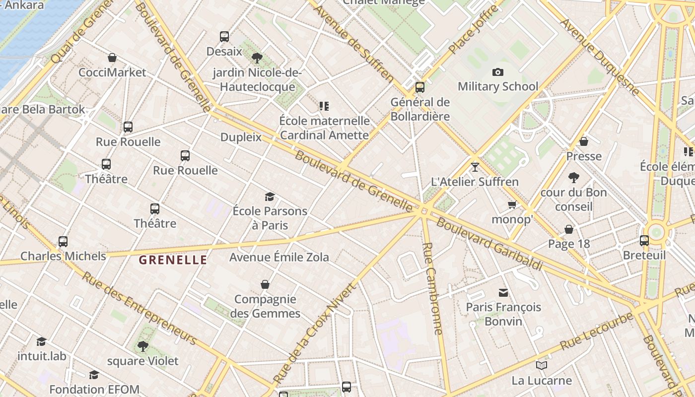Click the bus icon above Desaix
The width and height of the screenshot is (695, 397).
(x=224, y=37)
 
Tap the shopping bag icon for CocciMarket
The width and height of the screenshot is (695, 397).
(x=112, y=58)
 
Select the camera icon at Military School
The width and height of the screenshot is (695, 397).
(x=497, y=72)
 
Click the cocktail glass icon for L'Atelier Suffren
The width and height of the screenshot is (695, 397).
(x=475, y=167)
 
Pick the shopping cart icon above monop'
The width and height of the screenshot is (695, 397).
(x=512, y=204)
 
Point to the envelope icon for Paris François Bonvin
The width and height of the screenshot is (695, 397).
(x=503, y=292)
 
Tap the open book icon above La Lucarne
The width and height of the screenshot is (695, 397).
(x=541, y=366)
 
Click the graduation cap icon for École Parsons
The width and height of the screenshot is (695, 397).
(x=270, y=197)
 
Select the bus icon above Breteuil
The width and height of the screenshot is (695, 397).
(x=644, y=241)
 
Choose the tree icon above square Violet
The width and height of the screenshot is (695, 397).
(x=143, y=346)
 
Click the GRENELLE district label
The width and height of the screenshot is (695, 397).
(x=173, y=260)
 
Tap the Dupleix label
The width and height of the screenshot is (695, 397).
(x=241, y=137)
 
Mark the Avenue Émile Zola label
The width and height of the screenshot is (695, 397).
(x=279, y=257)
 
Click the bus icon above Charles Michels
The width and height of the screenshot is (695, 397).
(x=63, y=242)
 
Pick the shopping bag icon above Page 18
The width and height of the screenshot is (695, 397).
(x=569, y=229)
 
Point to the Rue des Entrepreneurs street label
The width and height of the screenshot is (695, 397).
(x=139, y=308)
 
